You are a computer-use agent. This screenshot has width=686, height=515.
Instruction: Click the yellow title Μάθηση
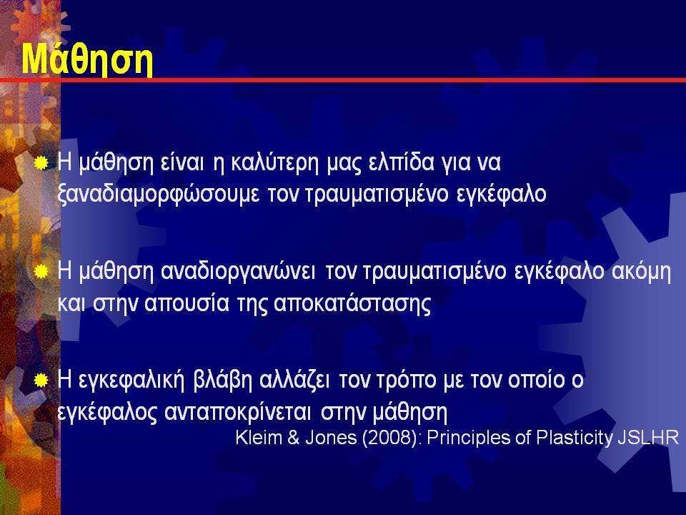coord(87,59)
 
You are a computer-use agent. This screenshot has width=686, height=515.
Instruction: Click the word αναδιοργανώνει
coord(238,272)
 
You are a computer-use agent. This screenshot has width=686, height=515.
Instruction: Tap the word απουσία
coord(187,303)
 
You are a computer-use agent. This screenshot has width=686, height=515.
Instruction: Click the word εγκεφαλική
coord(131,381)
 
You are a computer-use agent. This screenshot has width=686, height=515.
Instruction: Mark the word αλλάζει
coord(294,380)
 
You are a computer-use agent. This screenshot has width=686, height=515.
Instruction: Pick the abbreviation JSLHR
coord(648,437)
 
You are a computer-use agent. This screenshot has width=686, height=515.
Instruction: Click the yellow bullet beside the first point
coord(41,163)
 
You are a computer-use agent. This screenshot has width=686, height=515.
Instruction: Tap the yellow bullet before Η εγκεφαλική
coord(41,381)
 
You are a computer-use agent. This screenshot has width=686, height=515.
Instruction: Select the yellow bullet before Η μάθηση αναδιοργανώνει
coord(41,272)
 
